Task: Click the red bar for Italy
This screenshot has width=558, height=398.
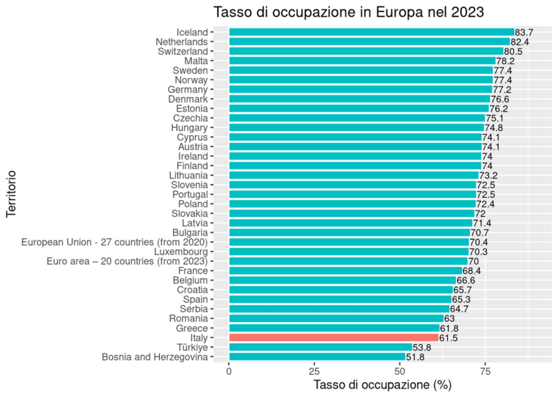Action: point(333,337)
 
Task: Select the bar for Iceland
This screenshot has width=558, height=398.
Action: point(371,32)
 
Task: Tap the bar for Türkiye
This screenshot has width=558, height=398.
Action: point(320,347)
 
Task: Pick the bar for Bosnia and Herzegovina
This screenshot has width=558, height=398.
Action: point(317,357)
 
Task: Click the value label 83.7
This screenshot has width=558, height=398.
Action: point(524,32)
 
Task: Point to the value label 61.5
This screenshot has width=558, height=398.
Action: point(448,337)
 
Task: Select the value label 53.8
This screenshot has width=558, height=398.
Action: point(422,347)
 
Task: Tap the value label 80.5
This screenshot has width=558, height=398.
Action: point(513,52)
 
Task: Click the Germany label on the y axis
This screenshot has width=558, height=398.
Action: point(188,90)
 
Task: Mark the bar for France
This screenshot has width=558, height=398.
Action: point(345,270)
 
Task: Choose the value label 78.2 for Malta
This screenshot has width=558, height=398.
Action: point(506,61)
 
